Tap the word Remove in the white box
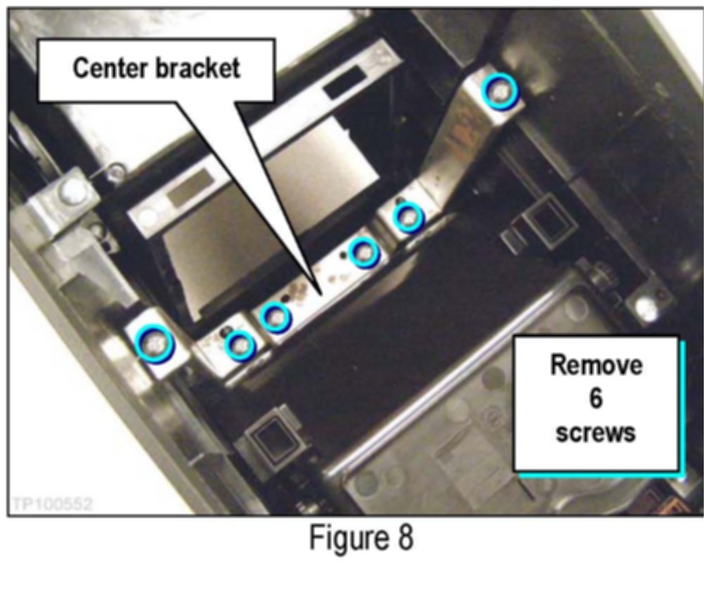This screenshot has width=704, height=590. [x=596, y=366]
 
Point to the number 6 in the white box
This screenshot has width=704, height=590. [x=596, y=398]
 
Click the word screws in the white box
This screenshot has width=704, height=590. [x=596, y=431]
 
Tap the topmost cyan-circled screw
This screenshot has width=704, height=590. [x=499, y=91]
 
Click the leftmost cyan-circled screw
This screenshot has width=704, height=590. [x=154, y=342]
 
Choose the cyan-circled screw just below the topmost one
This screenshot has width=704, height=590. [x=407, y=217]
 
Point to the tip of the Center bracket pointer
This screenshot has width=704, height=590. [x=319, y=293]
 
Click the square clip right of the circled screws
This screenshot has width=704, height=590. [x=540, y=224]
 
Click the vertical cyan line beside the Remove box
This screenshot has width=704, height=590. [x=681, y=407]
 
